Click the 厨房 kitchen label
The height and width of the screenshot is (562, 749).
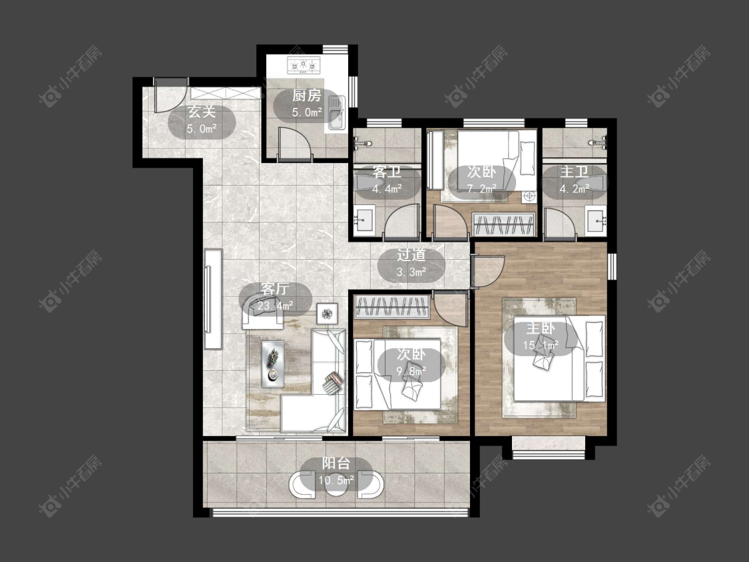point(307,96)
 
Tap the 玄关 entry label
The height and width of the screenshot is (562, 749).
point(202,113)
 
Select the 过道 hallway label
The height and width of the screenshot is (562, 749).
point(411,255)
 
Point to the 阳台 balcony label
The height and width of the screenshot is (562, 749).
point(336,463)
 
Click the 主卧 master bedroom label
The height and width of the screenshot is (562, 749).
point(541,328)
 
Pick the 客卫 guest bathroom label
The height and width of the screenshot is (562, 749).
point(387,172)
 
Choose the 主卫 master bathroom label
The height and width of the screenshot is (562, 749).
point(574,172)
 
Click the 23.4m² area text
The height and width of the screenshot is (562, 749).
point(275,306)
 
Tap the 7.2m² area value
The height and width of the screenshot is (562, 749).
point(482,188)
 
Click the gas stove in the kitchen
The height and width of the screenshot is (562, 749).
point(304,65)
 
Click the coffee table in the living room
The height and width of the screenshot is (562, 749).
point(273,364)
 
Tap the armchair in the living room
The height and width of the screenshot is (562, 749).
point(262,313)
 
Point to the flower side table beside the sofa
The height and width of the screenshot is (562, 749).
point(327,314)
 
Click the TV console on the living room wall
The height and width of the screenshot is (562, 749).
point(213,299)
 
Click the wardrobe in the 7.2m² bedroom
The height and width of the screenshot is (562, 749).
point(503,224)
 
